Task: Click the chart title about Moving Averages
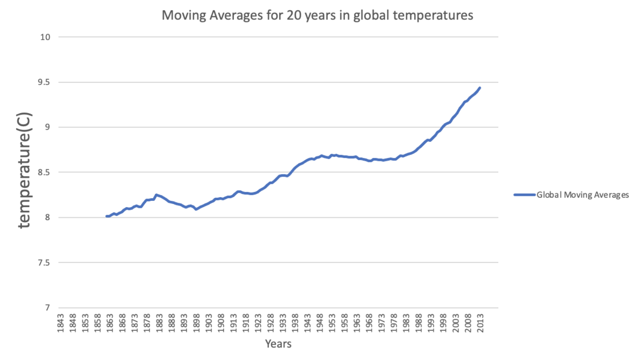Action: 317,15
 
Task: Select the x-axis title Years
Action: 278,344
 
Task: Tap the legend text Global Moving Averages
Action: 583,195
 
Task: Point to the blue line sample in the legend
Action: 524,195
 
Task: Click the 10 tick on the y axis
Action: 45,37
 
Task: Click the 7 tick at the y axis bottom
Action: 47,308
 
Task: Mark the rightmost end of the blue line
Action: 479,88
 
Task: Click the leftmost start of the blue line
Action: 106,216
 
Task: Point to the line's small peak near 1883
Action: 156,195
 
